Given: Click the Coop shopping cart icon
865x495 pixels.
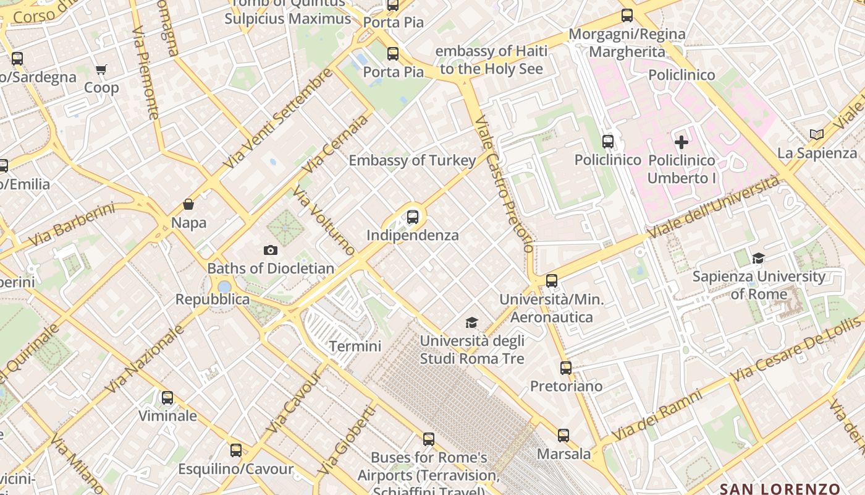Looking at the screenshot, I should pyautogui.click(x=101, y=69).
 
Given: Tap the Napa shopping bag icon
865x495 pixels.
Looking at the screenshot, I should pyautogui.click(x=188, y=204).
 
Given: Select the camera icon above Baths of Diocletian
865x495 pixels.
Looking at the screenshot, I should pyautogui.click(x=270, y=250).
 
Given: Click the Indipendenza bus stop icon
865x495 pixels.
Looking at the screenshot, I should pyautogui.click(x=413, y=217).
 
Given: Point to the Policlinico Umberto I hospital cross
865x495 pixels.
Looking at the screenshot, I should pyautogui.click(x=681, y=142).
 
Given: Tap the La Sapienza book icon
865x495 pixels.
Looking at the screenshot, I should pyautogui.click(x=817, y=134).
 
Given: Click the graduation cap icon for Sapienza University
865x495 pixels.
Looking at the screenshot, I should pyautogui.click(x=758, y=258).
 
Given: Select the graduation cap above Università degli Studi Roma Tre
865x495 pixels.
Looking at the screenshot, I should pyautogui.click(x=472, y=322).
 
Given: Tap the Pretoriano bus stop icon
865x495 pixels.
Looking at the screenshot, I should pyautogui.click(x=566, y=368).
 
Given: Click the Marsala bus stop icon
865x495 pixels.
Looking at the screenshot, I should pyautogui.click(x=563, y=436).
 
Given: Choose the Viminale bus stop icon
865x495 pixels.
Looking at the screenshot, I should pyautogui.click(x=167, y=398).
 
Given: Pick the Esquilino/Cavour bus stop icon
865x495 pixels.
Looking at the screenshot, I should pyautogui.click(x=236, y=450).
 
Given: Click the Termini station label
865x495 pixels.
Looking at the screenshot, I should pyautogui.click(x=355, y=346).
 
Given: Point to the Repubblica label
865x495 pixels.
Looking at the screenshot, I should pyautogui.click(x=213, y=299).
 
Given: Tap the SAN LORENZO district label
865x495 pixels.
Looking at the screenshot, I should pyautogui.click(x=780, y=489).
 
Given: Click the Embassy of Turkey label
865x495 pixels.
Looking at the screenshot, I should pyautogui.click(x=412, y=161).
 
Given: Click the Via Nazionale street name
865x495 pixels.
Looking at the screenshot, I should pyautogui.click(x=145, y=359).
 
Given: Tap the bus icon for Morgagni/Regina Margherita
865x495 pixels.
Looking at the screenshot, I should pyautogui.click(x=627, y=15).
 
